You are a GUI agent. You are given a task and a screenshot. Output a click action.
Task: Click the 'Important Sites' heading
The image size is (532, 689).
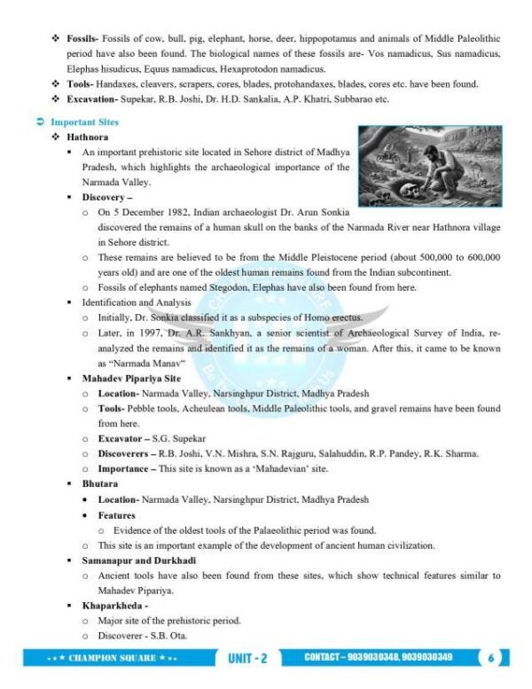click(x=84, y=121)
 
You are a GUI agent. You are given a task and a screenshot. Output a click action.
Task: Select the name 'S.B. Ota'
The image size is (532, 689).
click(x=169, y=635)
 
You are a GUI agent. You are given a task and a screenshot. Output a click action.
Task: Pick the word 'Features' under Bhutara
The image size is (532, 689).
click(x=117, y=514)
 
